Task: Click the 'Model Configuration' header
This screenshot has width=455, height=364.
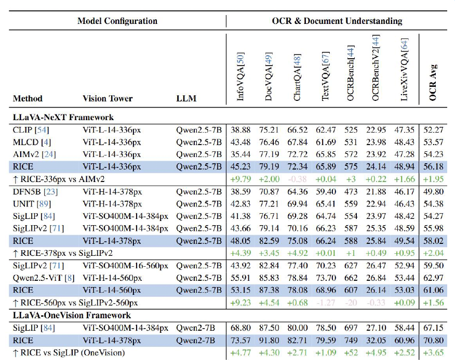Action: coord(117,21)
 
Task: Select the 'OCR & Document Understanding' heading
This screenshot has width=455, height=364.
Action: coord(337,21)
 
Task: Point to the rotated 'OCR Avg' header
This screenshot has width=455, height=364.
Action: coord(433,82)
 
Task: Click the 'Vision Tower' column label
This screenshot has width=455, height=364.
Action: coord(108,98)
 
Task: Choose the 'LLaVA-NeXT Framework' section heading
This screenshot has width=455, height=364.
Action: coord(63,117)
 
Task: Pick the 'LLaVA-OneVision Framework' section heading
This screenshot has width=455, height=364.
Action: coord(72,315)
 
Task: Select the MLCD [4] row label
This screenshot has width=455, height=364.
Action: coord(30,142)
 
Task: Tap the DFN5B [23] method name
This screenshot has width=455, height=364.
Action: coord(34,191)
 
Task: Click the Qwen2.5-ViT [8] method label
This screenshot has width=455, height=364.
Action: coord(42,278)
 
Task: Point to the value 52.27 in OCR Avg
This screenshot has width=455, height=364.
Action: coord(432,129)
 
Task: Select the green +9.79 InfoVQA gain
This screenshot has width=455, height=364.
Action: coord(240,179)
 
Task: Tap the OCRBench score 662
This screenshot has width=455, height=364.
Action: coord(351,278)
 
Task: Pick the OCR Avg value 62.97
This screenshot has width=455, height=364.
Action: coord(432,278)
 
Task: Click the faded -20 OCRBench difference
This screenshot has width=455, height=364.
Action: coord(351,303)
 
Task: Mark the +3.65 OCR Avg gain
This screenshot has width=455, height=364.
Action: coord(432,353)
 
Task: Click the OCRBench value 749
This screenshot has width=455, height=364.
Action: coord(351,340)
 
